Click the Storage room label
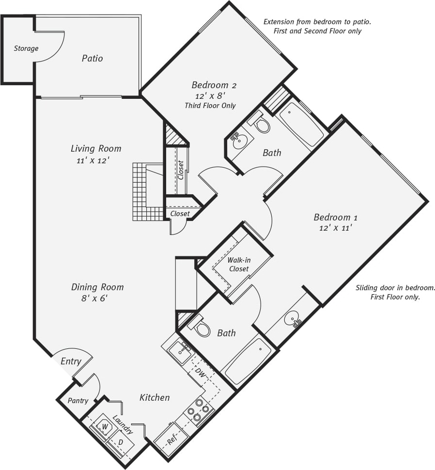coord(26,48)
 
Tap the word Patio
coord(92,58)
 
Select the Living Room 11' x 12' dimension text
coord(96,160)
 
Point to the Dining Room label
coord(97,287)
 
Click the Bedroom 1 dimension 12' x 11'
coord(335,228)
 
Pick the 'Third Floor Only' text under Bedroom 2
coord(210,106)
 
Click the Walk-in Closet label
coord(239,265)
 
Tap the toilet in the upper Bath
coord(262,125)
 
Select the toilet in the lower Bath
coord(202,329)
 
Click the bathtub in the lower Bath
coord(248,361)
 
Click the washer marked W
coord(104,426)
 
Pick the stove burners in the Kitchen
coord(199,410)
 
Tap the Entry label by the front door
coord(70,361)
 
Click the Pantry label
coord(78,401)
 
